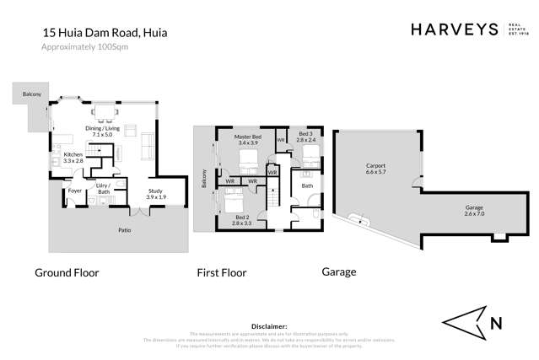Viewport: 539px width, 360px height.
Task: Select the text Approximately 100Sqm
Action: point(85,47)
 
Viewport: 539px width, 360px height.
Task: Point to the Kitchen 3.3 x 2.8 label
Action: point(73,159)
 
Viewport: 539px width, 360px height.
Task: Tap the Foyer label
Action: point(74,191)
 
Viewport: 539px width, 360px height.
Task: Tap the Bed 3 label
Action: point(305,136)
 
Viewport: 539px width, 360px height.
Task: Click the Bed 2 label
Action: point(243,221)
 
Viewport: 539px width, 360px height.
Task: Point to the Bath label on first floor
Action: point(307,185)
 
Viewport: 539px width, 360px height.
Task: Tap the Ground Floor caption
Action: point(67,272)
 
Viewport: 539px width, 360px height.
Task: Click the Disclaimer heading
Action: point(270,325)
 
